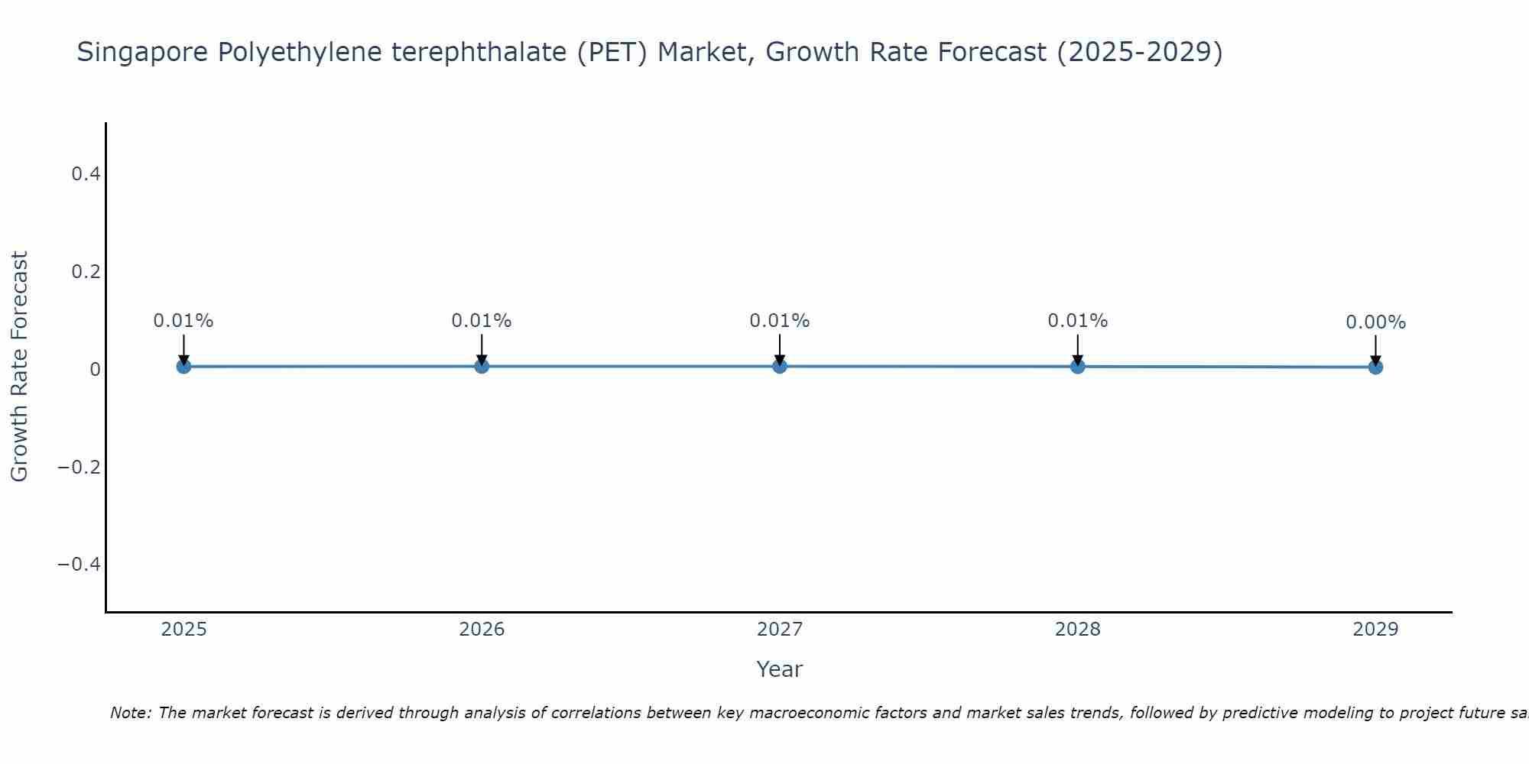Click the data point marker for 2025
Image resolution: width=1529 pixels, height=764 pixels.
pos(183,367)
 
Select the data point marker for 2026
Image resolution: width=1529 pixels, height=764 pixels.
pos(482,367)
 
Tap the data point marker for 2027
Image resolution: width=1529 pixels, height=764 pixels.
pos(780,367)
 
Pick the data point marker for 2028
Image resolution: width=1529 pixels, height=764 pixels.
pos(1078,367)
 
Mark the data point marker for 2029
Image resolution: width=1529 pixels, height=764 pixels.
pos(1375,367)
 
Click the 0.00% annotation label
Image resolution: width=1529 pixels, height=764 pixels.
pos(1375,322)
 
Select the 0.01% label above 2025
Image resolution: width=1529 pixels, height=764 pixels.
pos(183,321)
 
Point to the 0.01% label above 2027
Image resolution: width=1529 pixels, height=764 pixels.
pos(780,321)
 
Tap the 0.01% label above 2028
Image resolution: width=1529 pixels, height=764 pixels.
pos(1078,321)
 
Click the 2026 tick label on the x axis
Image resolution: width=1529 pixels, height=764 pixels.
pos(482,630)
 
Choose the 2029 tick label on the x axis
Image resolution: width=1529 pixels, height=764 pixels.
pos(1375,630)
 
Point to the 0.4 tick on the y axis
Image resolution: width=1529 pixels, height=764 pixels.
pos(86,174)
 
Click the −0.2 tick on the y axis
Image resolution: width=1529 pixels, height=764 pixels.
pos(80,467)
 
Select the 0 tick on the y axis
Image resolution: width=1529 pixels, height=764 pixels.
pos(95,370)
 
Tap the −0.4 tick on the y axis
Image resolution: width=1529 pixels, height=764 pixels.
pos(80,564)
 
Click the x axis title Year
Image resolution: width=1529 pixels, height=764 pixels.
pos(779,669)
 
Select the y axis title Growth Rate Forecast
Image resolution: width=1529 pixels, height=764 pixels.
pos(19,367)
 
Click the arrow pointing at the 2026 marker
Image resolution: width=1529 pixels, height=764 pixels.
pos(482,349)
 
